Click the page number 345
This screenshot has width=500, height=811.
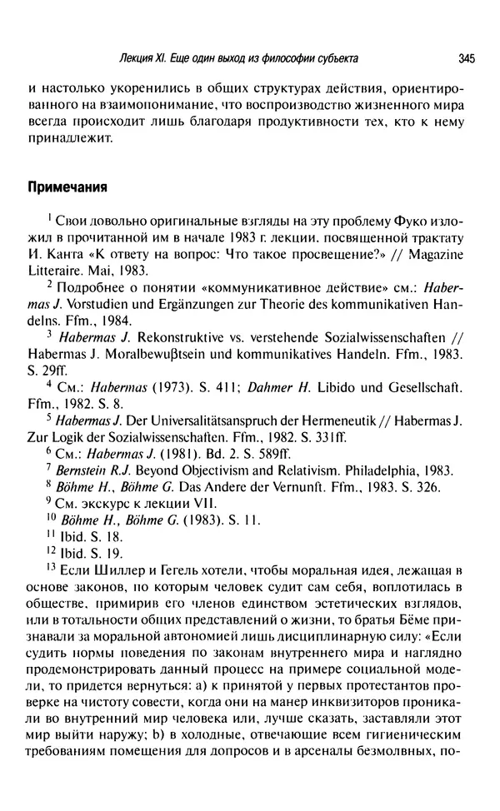pyautogui.click(x=466, y=58)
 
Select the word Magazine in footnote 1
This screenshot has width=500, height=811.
pyautogui.click(x=441, y=253)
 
